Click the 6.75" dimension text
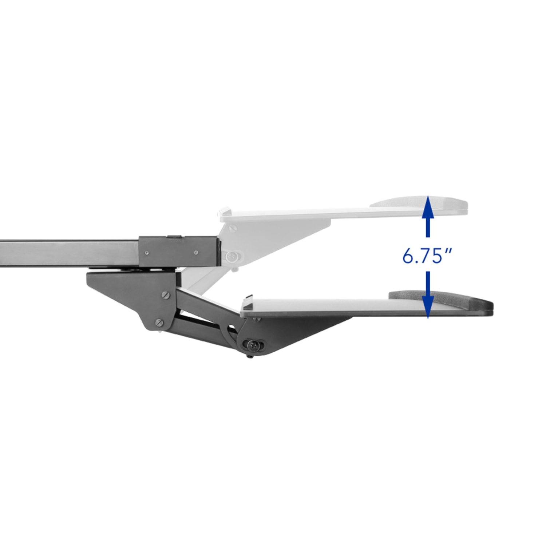[x=427, y=257]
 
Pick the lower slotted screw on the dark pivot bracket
[x=159, y=322]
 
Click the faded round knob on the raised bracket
[x=231, y=257]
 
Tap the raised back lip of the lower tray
[x=249, y=299]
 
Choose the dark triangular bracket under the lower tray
[x=298, y=328]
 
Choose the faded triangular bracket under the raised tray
[x=277, y=233]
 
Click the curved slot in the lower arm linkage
[x=231, y=329]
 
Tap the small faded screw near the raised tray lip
[x=232, y=229]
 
